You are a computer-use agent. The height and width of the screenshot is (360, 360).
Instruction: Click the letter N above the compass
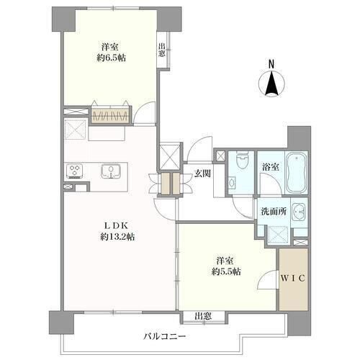pos(271,64)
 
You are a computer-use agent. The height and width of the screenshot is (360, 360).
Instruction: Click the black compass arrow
pos(271,83)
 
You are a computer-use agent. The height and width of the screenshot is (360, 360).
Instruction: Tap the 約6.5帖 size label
pos(111,58)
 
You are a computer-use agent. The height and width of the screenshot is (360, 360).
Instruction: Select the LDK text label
pos(117,225)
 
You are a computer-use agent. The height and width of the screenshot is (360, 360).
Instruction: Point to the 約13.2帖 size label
pos(117,237)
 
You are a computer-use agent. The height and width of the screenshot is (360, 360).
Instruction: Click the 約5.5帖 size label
pos(226,271)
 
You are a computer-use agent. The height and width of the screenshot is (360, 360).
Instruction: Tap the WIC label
pos(293,279)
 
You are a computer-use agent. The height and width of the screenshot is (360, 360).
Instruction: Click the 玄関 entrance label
pos(202,174)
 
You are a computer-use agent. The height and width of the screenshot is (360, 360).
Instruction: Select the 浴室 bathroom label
pos(271,166)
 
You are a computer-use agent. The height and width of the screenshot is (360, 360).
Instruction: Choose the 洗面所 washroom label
pos(274,212)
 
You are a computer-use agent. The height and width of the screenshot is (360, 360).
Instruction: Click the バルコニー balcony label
pos(165,336)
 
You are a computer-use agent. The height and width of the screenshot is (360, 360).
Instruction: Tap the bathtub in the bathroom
pos(297,172)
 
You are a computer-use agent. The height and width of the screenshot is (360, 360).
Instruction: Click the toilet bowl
pos(240,161)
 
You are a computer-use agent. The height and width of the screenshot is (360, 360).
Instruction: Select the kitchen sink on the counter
pos(111,171)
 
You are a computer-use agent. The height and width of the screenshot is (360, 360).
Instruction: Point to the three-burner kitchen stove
pos(75,171)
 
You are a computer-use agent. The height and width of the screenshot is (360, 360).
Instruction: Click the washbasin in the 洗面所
pos(299,212)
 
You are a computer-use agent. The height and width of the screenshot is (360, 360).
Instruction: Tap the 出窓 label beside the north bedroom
pos(161,50)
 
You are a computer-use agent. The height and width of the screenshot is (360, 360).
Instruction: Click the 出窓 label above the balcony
pos(203,316)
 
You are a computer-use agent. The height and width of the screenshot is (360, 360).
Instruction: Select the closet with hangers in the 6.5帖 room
pos(111,116)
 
